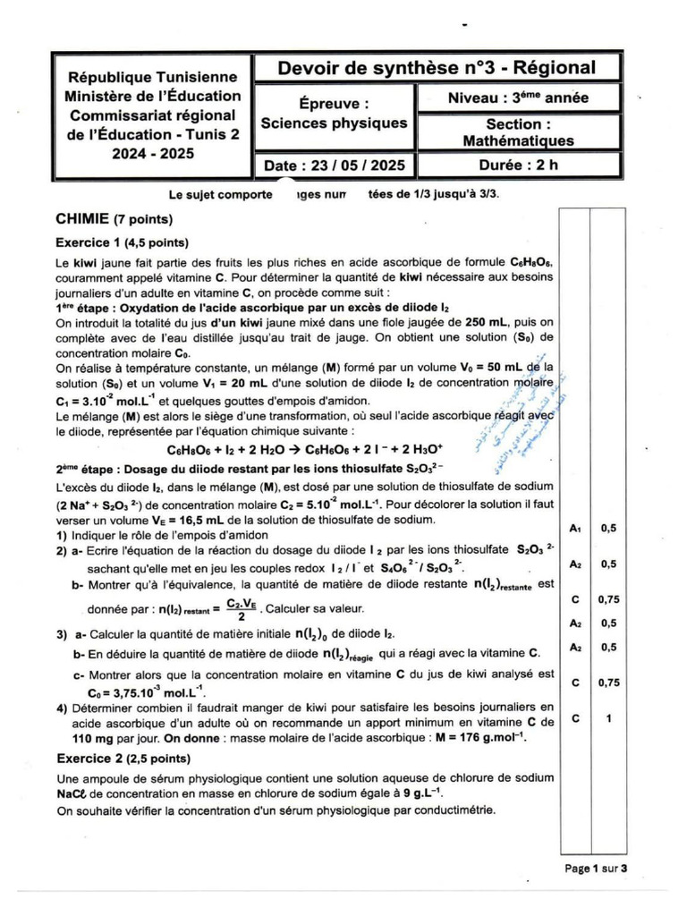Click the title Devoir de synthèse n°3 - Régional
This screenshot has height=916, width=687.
[436, 68]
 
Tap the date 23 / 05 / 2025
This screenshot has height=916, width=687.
[335, 165]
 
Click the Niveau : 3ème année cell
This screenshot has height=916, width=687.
[518, 98]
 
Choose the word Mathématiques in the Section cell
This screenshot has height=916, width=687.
[518, 140]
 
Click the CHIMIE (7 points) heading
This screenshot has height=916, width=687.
[114, 218]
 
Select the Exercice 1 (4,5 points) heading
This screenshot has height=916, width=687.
[122, 242]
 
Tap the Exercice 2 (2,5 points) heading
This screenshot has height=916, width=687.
[122, 759]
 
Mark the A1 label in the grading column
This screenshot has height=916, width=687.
[575, 529]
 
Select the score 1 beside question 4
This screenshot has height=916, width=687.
[608, 717]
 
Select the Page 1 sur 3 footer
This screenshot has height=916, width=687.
[596, 868]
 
